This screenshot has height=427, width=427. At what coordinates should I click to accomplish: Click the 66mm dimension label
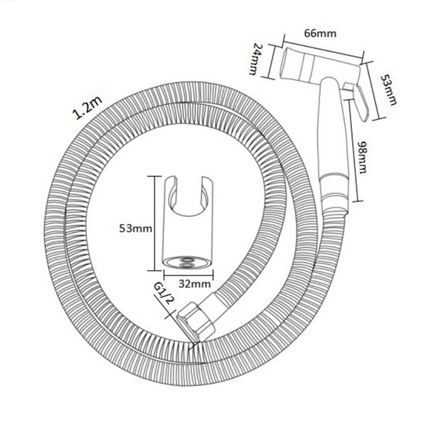[320, 33]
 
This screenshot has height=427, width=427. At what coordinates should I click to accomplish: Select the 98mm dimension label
[363, 157]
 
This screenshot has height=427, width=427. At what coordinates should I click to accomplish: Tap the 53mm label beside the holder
[136, 228]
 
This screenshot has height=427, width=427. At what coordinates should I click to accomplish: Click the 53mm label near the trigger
[387, 90]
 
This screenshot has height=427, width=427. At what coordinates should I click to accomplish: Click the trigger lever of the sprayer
[359, 102]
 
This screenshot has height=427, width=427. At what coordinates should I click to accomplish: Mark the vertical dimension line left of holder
[155, 224]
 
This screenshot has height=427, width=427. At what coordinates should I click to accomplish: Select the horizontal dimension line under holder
[188, 275]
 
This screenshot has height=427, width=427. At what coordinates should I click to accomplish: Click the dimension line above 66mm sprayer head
[323, 49]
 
